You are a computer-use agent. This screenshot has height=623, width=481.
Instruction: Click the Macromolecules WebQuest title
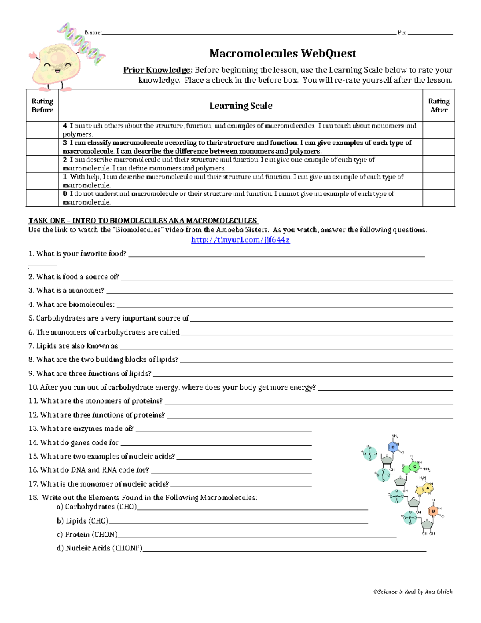[x=283, y=53]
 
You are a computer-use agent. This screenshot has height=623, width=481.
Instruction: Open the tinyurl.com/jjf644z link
[x=240, y=240]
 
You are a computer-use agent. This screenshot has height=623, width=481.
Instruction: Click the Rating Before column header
[x=42, y=106]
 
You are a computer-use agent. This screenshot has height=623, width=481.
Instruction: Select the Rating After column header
[x=439, y=106]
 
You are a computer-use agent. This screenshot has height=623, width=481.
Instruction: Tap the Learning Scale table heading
[x=240, y=106]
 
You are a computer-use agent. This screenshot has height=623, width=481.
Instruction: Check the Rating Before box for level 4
[x=42, y=130]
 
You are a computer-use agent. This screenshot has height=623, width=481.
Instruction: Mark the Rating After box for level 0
[x=439, y=198]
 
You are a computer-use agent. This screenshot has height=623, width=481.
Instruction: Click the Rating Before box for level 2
[x=42, y=164]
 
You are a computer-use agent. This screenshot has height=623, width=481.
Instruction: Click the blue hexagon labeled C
[x=393, y=447]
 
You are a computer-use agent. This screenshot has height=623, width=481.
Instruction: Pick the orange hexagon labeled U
[x=433, y=511]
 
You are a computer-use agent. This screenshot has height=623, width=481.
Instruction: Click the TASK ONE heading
[x=143, y=221]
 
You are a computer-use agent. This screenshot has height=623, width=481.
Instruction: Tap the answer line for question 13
[x=223, y=431]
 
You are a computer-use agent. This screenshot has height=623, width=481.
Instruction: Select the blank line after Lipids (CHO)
[x=238, y=523]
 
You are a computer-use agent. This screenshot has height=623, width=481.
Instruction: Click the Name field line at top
[x=249, y=34]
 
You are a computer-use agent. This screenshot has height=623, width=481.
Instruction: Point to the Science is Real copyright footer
[x=412, y=591]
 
